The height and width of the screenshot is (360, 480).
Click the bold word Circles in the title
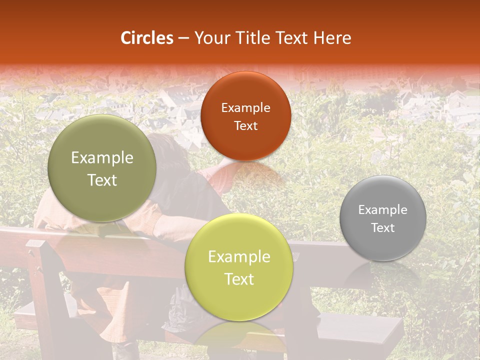point(147,38)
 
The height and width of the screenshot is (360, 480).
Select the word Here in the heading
point(332,38)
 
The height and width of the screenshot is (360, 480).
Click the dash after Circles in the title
point(183,38)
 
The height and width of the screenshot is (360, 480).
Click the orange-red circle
point(245,116)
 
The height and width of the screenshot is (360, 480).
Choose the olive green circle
point(102,168)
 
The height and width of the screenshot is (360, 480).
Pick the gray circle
point(383,218)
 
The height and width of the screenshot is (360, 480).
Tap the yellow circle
point(239,267)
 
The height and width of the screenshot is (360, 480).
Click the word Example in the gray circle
point(383,209)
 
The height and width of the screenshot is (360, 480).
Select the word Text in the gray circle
point(383,227)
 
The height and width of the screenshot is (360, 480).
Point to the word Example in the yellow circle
point(239,257)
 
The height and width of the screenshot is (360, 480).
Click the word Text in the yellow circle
point(239,279)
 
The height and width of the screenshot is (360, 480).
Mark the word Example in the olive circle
point(102,158)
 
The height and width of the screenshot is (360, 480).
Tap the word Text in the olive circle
point(102,180)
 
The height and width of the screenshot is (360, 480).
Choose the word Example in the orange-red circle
point(245,107)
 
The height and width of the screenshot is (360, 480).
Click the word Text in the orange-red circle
point(245,125)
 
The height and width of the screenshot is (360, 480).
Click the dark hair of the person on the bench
point(167,150)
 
